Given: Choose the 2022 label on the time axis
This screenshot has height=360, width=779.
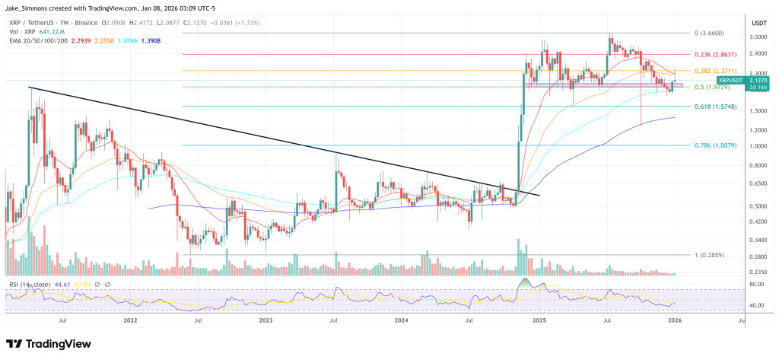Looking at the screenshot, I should (x=130, y=321).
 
